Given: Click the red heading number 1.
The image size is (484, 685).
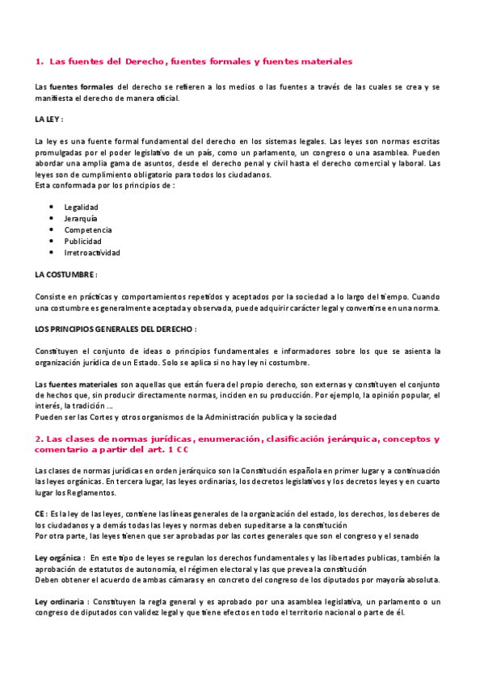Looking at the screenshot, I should [x=39, y=61].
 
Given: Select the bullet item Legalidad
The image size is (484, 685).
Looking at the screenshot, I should [x=81, y=207].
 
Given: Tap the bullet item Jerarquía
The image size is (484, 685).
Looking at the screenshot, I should [x=81, y=218].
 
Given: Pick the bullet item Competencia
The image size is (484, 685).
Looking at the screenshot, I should [x=87, y=229].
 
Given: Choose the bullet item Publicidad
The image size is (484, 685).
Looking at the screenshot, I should [x=82, y=241].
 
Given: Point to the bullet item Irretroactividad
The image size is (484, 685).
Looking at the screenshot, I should [x=92, y=252].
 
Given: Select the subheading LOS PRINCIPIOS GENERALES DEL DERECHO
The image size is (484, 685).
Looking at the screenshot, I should [x=114, y=329].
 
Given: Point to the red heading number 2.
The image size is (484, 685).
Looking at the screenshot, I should [x=38, y=439].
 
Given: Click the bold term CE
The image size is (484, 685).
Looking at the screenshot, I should [x=40, y=513].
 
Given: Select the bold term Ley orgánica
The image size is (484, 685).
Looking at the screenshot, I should [x=58, y=557].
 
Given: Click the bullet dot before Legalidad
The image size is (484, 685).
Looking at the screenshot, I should [x=52, y=207].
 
